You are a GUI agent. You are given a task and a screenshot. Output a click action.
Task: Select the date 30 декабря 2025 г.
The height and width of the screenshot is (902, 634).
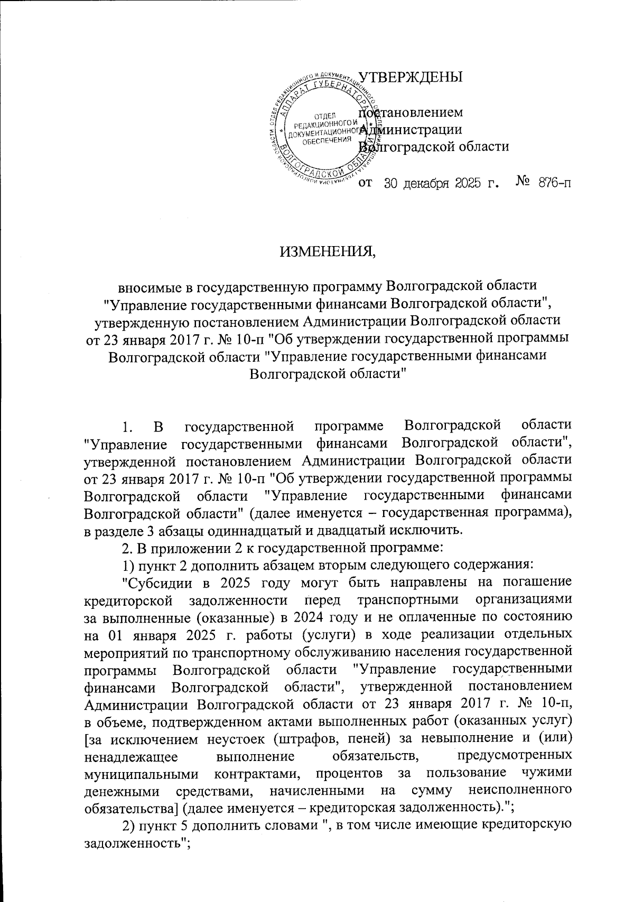441,183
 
